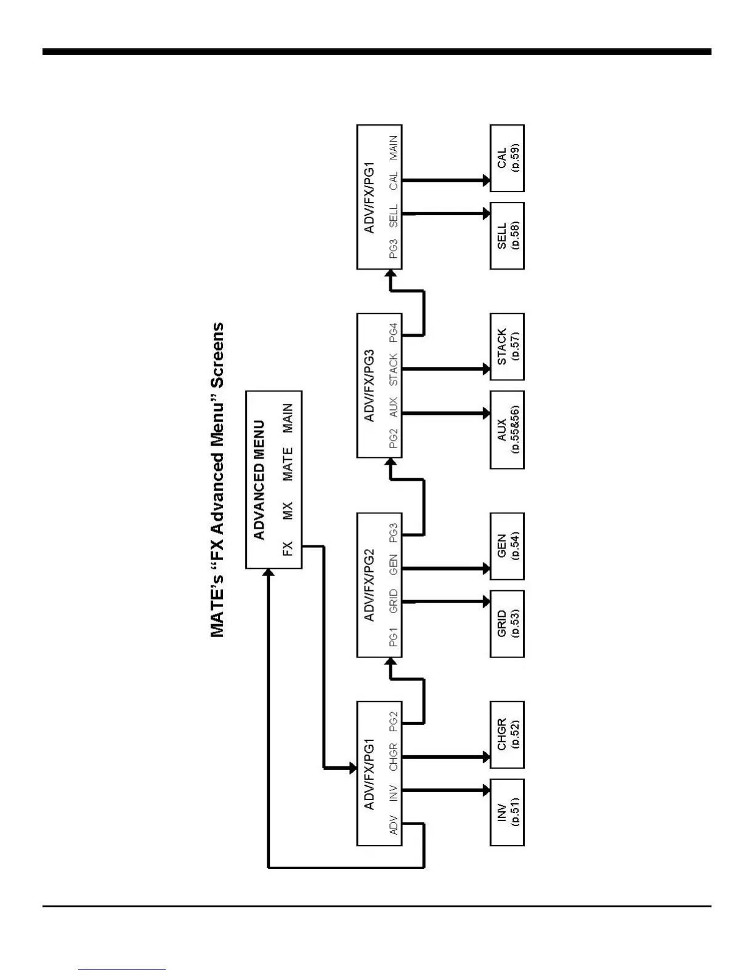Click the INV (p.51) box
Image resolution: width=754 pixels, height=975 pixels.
click(507, 812)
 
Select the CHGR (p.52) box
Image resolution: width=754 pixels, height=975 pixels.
click(507, 735)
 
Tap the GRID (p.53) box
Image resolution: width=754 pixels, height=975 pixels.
click(507, 624)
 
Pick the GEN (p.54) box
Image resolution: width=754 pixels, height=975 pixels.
click(507, 546)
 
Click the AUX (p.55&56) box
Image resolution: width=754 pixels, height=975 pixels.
click(507, 430)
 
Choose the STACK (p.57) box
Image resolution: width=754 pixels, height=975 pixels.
click(507, 347)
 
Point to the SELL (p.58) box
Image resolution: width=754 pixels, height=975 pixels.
click(507, 236)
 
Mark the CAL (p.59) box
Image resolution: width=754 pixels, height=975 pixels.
click(507, 158)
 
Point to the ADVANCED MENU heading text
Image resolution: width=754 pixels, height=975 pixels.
click(259, 480)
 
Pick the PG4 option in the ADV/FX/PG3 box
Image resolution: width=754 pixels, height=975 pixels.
click(394, 332)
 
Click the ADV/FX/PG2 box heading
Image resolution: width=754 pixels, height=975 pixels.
click(369, 585)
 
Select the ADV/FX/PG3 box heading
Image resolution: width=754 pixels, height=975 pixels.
click(369, 385)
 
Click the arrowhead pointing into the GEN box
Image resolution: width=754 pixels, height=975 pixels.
click(485, 569)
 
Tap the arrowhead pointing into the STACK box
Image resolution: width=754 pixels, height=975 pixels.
click(485, 369)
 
